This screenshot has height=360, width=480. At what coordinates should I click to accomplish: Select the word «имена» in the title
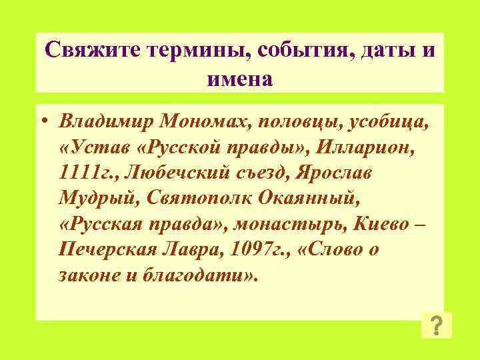239,79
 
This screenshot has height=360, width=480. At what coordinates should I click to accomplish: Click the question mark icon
436,325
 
